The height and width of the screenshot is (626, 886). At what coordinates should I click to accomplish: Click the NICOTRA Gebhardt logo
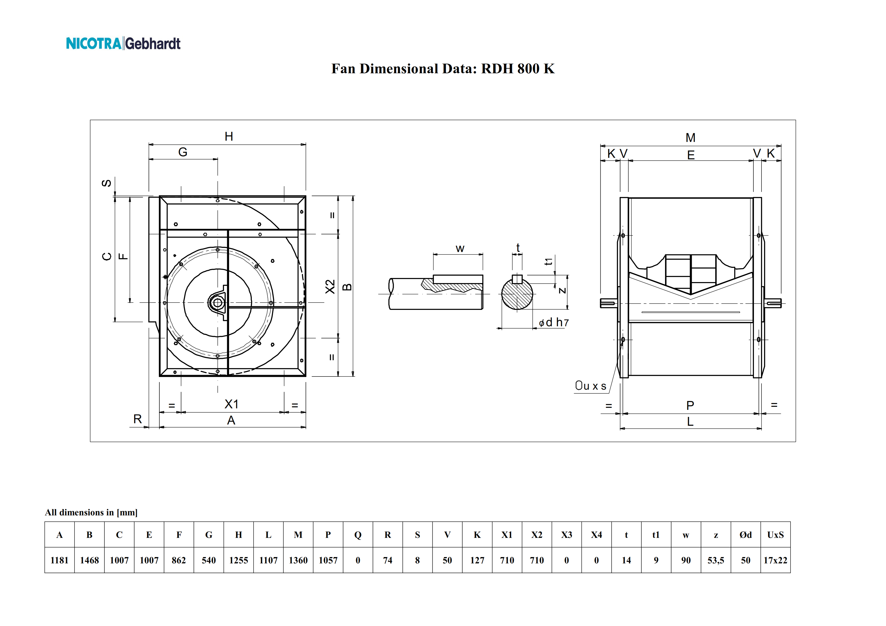pos(123,43)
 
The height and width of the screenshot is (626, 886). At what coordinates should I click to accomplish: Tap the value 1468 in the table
pos(89,560)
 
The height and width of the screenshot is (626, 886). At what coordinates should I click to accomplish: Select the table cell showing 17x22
pos(775,560)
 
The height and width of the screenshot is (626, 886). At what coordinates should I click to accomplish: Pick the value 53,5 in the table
pos(716,560)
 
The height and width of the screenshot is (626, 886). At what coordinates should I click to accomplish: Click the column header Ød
pos(746,535)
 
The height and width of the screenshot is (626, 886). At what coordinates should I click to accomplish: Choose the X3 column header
pos(567,535)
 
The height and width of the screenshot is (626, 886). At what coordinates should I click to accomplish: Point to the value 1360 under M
pos(298,560)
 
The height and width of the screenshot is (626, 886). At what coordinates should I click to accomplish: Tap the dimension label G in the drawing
pos(183,152)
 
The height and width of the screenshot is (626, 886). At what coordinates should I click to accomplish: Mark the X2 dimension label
pos(330,287)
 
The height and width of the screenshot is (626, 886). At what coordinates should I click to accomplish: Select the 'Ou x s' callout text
pos(590,386)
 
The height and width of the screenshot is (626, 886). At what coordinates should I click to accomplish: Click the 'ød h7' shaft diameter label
pos(554,322)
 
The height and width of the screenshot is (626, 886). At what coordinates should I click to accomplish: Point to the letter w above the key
pos(460,249)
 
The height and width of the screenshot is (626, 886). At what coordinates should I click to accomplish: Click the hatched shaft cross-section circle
pos(517,294)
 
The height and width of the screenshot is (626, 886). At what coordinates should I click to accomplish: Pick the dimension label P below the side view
pos(690,405)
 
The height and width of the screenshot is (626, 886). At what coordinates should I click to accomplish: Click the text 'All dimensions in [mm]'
pos(91,512)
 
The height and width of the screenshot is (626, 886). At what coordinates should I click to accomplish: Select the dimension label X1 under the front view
pos(232,404)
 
